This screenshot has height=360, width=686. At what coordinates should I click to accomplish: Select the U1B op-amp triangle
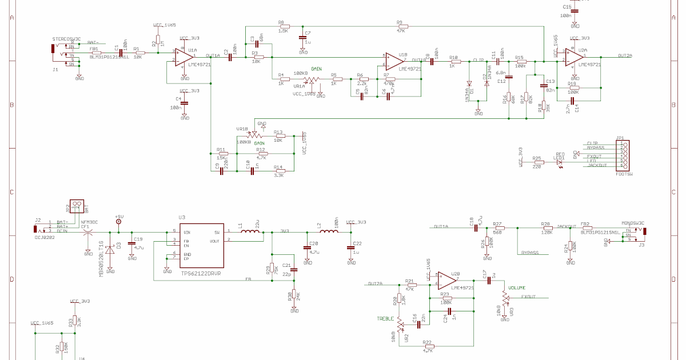[394, 60]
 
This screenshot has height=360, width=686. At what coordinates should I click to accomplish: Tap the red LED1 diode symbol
[560, 162]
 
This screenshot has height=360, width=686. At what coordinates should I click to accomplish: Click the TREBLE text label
[385, 318]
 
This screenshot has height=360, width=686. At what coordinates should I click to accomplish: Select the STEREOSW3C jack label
[66, 38]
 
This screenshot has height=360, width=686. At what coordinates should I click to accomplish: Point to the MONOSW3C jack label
[632, 223]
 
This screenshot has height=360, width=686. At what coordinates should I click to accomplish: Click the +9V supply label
[119, 218]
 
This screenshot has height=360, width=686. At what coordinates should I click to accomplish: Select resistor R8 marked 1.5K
[284, 26]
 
